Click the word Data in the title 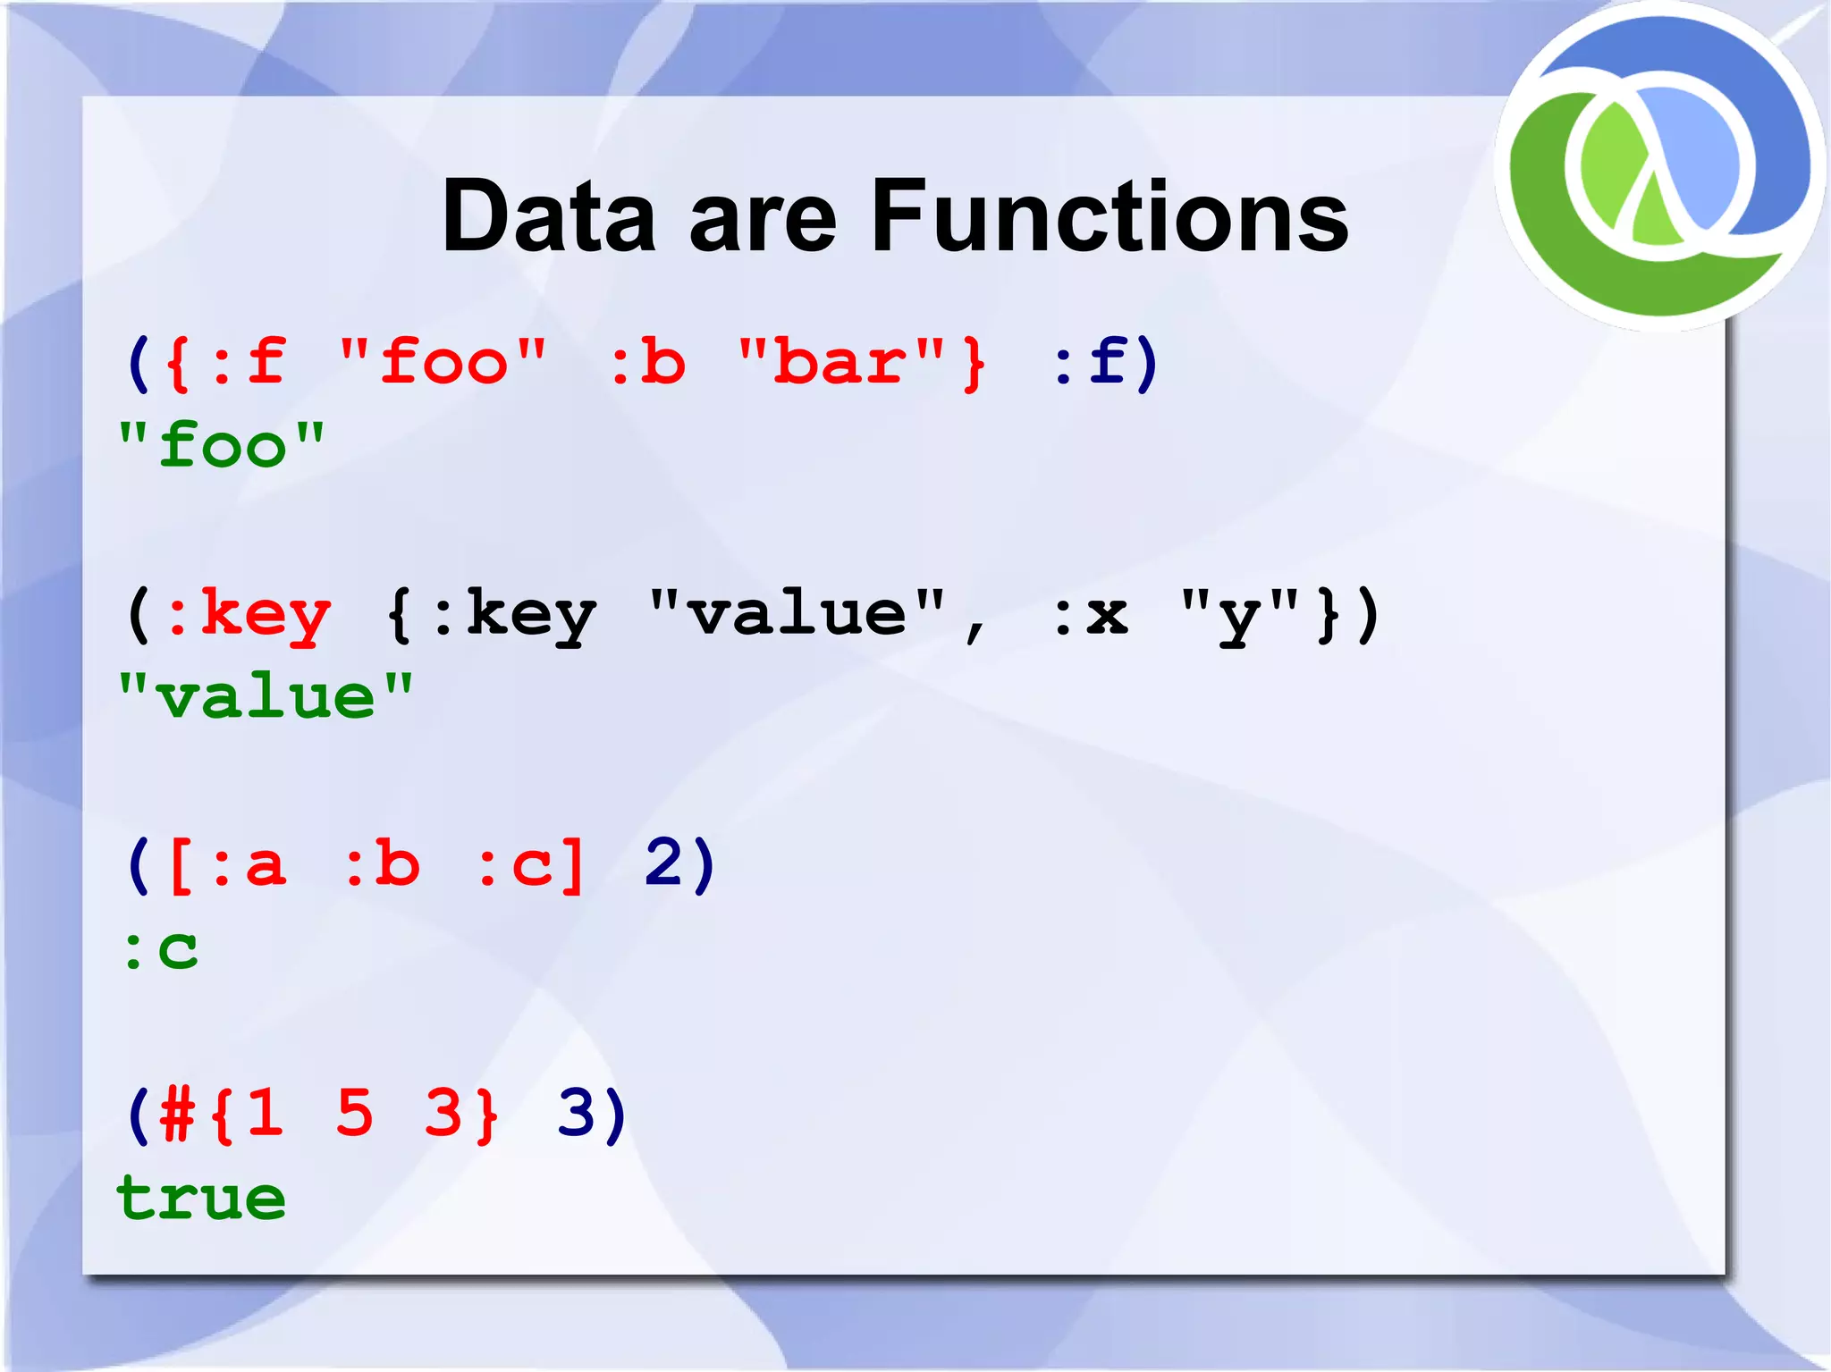point(548,216)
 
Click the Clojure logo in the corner point(1660,166)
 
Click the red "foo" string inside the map point(443,362)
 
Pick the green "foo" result point(222,445)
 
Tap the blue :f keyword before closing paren point(1089,362)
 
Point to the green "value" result point(266,697)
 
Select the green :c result point(161,949)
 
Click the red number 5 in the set point(354,1114)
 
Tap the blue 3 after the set point(577,1114)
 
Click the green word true point(201,1198)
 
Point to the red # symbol point(177,1115)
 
